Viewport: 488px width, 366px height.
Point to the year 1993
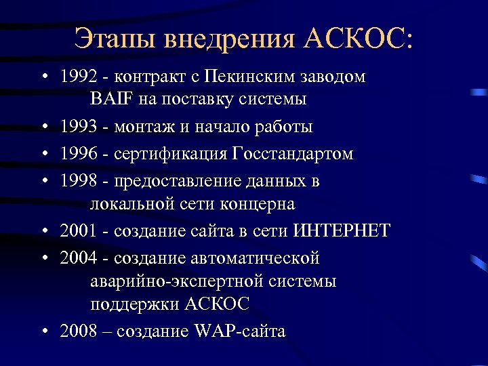[x=78, y=127]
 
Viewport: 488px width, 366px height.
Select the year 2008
[x=78, y=331]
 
